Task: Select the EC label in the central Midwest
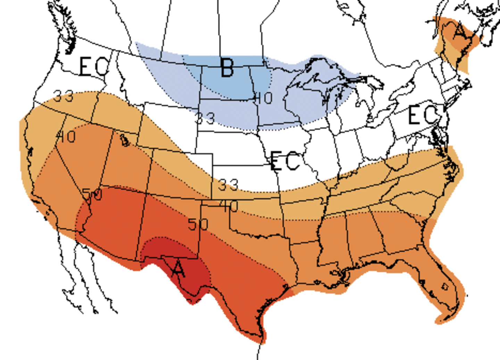click(x=285, y=161)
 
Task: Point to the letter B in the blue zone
click(x=227, y=68)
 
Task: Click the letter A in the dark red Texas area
click(x=178, y=269)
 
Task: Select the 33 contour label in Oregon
click(x=64, y=96)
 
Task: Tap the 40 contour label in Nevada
click(x=66, y=137)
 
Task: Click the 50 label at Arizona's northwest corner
click(x=92, y=195)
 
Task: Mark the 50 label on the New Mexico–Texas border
click(x=198, y=224)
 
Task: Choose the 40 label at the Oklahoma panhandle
click(x=229, y=206)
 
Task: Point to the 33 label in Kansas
click(x=228, y=185)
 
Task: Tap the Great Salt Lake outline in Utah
click(x=124, y=140)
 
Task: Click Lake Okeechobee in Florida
click(x=445, y=286)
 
